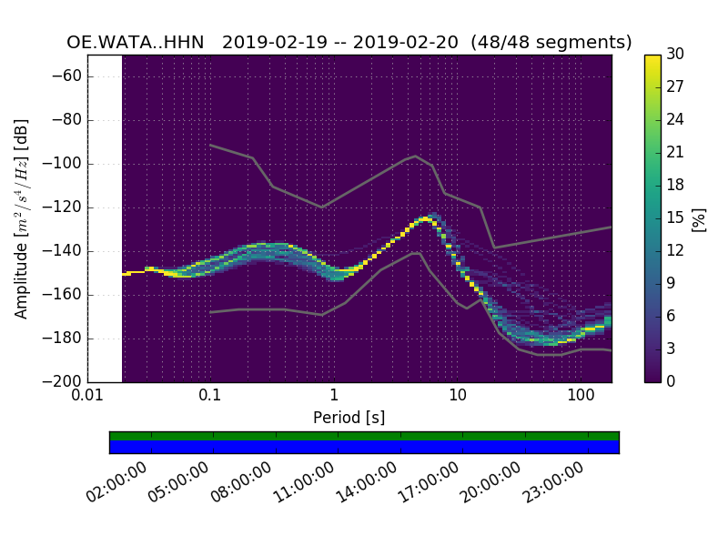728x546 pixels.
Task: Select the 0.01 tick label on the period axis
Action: pyautogui.click(x=87, y=397)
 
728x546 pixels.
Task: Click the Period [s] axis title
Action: pyautogui.click(x=349, y=418)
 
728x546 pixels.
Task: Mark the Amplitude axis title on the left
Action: pyautogui.click(x=22, y=218)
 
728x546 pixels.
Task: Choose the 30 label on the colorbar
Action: pyautogui.click(x=675, y=55)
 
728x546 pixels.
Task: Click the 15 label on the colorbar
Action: pyautogui.click(x=675, y=217)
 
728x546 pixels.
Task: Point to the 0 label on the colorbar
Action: pyautogui.click(x=672, y=381)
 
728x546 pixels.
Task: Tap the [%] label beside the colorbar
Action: pyautogui.click(x=700, y=218)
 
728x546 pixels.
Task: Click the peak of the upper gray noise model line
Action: pyautogui.click(x=416, y=156)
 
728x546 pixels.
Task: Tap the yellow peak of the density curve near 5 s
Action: pyautogui.click(x=425, y=219)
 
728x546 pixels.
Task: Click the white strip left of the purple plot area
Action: pyautogui.click(x=105, y=218)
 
